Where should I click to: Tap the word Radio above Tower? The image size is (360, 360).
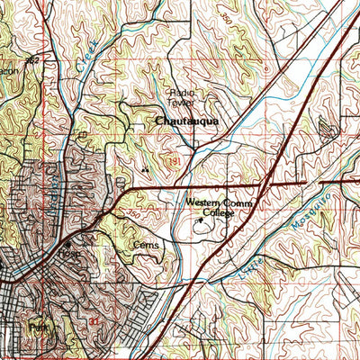(184, 93)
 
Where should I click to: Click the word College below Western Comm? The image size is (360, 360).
(217, 213)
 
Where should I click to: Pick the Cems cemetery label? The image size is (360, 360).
(145, 244)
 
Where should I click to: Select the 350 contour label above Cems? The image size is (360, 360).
(133, 215)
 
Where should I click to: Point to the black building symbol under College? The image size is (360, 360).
(199, 219)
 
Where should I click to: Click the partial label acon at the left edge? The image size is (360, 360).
(8, 71)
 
